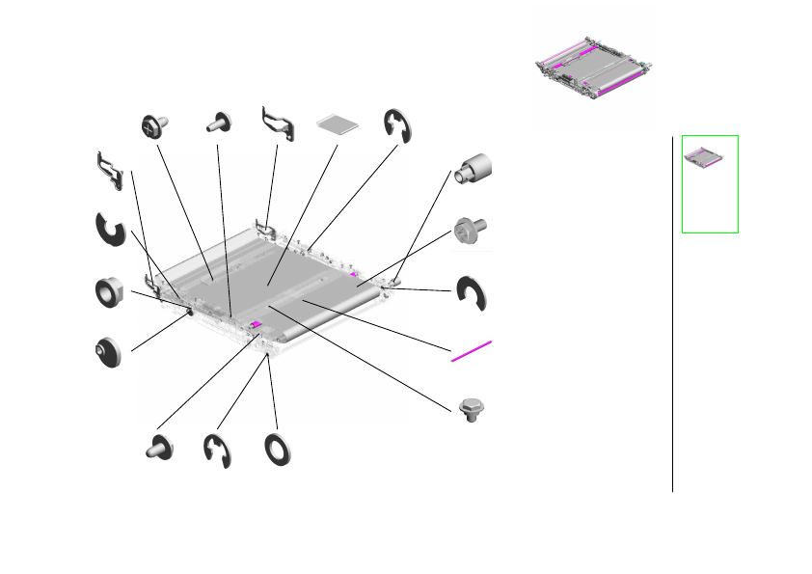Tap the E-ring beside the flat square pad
[x=396, y=124]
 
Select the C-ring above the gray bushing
[x=110, y=232]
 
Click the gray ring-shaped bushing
[x=111, y=291]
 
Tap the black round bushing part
[x=108, y=350]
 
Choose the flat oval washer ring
[x=279, y=450]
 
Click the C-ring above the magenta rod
[x=473, y=294]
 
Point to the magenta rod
[x=471, y=351]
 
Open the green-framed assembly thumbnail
[x=710, y=183]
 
